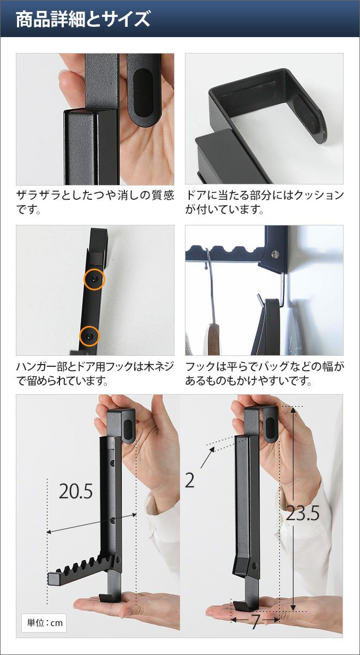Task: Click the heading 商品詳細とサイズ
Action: (83, 19)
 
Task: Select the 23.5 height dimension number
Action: (302, 514)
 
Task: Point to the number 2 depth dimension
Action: (190, 480)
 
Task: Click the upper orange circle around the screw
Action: (94, 279)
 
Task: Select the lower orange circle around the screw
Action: (89, 337)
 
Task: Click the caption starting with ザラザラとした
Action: (95, 202)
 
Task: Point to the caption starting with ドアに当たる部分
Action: (264, 202)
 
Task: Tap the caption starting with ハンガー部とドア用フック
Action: (95, 373)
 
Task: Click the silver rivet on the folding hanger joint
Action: (275, 254)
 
